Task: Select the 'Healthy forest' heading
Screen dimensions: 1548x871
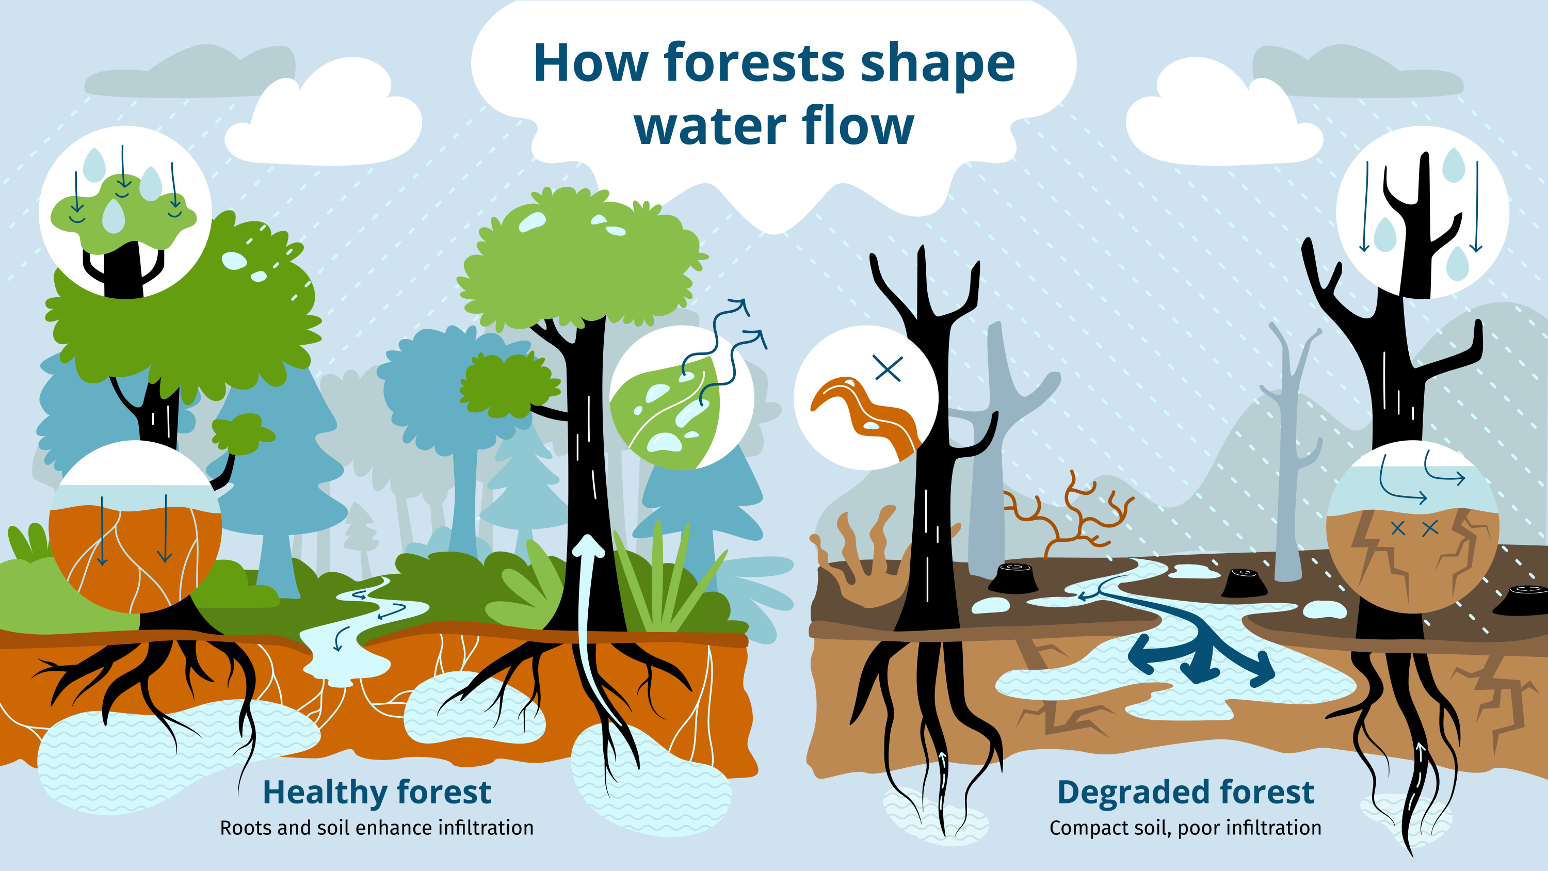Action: coord(377,792)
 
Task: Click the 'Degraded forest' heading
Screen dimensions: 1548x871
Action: coord(1186,792)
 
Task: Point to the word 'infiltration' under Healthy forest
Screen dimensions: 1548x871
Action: coord(485,828)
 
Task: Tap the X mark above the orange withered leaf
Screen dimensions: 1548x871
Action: coord(888,368)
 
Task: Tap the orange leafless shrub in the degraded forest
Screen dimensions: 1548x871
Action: coord(1070,511)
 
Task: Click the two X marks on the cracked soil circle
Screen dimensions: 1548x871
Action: coord(1414,528)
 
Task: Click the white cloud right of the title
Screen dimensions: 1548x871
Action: coord(1224,114)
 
